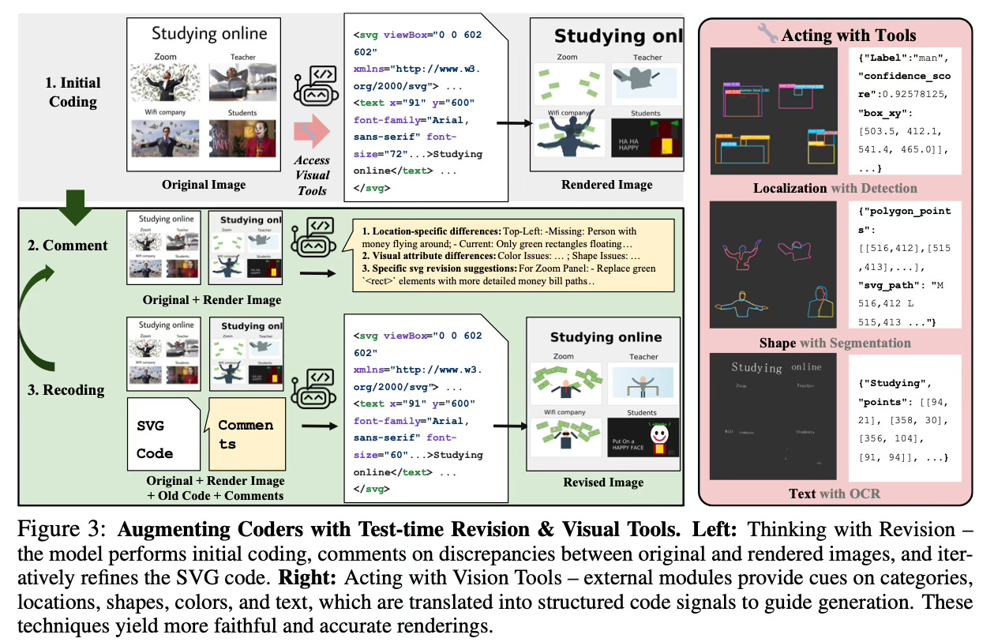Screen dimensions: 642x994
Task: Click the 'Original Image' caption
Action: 203,186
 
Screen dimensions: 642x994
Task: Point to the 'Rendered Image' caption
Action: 606,185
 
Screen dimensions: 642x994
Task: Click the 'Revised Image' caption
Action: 603,482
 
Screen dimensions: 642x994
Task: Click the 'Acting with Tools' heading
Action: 848,35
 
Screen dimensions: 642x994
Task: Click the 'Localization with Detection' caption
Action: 835,188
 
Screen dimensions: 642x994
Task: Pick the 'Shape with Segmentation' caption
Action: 835,343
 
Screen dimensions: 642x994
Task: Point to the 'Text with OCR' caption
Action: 835,494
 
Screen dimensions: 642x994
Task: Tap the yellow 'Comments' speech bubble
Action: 246,435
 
